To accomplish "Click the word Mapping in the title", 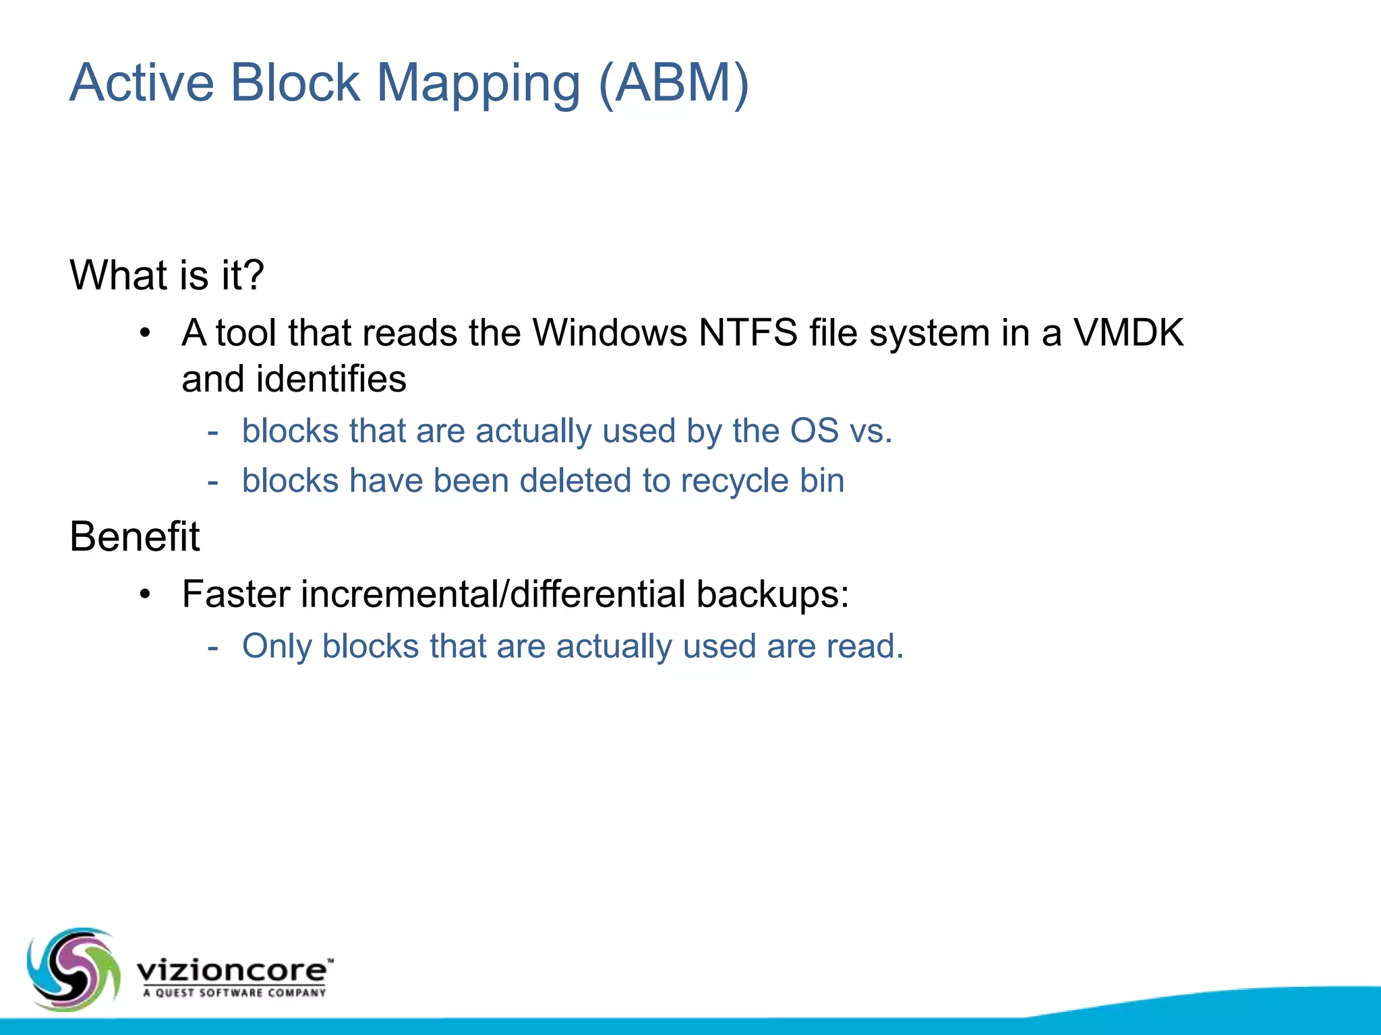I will pos(478,84).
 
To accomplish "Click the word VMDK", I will pos(1128,333).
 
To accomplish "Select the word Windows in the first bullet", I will pos(609,333).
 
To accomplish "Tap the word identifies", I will pos(331,379).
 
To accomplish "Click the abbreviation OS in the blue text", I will pos(814,431).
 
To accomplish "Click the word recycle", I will pos(734,481).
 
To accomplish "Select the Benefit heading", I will pos(135,537).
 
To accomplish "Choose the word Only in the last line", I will pos(276,646).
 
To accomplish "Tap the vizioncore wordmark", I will pos(233,970).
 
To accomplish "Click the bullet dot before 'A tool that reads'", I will pos(145,333).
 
